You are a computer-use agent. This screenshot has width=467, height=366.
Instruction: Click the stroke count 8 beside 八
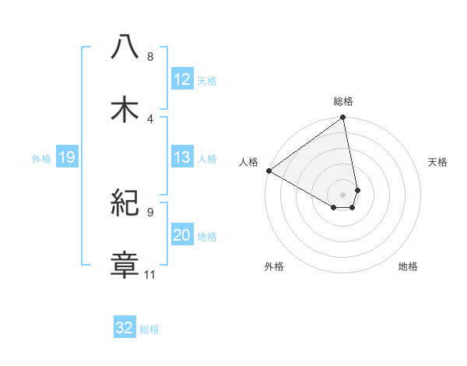pos(150,57)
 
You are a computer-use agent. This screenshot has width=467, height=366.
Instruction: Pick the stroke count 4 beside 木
pos(150,118)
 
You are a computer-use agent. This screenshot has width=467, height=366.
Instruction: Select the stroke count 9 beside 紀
pos(150,212)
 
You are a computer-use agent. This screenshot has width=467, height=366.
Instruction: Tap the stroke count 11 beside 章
pos(150,274)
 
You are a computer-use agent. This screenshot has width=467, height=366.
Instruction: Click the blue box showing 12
pos(181,79)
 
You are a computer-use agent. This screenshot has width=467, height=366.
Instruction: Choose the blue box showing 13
pos(181,157)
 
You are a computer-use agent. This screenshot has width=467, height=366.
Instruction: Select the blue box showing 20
pos(181,235)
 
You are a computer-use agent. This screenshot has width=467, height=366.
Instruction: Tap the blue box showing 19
pos(66,157)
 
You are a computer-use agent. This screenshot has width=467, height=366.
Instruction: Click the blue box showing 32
pos(125,328)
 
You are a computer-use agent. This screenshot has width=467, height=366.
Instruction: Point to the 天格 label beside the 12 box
pos(207,80)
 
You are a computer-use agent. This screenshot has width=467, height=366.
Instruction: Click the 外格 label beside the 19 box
pos(41,158)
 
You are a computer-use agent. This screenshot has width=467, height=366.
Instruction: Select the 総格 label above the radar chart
pos(343,101)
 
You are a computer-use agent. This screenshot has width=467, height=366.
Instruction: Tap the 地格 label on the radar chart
pos(408,267)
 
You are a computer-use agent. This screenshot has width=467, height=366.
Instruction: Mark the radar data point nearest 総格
pos(343,118)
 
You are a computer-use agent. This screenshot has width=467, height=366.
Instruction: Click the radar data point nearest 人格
pos(269,171)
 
